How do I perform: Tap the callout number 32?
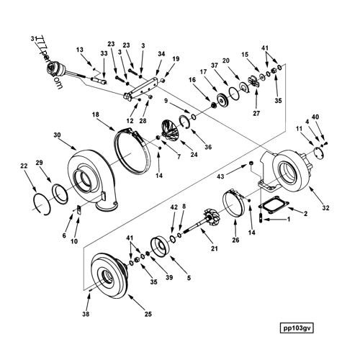point(326,208)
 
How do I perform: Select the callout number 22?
point(24,166)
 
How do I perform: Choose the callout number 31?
point(33,39)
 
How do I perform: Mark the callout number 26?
point(235,240)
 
